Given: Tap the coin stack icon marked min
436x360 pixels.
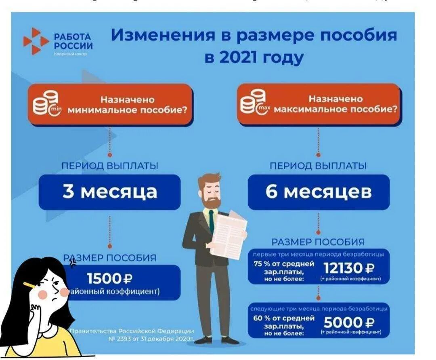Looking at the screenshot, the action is (46, 104).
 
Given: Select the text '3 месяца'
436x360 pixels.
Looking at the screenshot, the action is (109, 192).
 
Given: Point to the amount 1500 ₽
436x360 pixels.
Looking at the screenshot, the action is (110, 278).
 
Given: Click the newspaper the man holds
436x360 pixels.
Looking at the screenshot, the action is (228, 234).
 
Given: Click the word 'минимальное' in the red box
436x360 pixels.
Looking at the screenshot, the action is (96, 110).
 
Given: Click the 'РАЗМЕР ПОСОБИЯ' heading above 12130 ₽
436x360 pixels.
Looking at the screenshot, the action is (318, 242).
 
